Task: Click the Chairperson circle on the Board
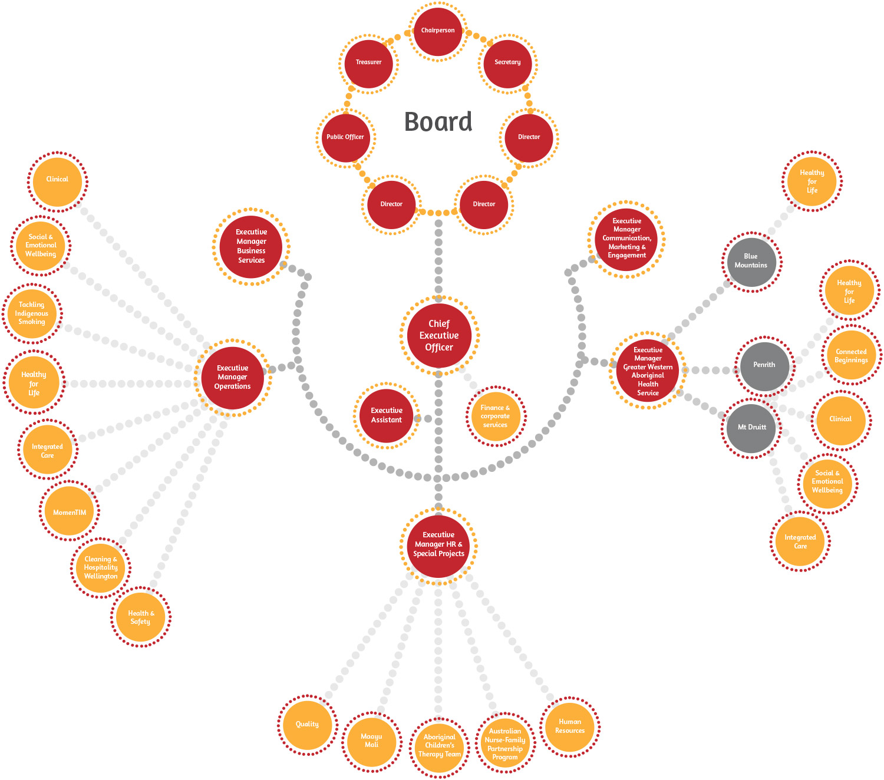(x=438, y=31)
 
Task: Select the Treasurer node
(x=368, y=62)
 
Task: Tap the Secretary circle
(x=507, y=62)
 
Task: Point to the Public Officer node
(x=345, y=137)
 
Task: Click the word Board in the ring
(x=438, y=122)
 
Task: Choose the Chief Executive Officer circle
(x=439, y=335)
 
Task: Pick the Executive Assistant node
(x=387, y=415)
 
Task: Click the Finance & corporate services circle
(x=495, y=416)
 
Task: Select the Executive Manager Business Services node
(x=251, y=246)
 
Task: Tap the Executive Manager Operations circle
(x=233, y=377)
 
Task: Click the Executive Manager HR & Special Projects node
(x=438, y=545)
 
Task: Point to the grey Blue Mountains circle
(x=751, y=261)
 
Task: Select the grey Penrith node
(x=764, y=365)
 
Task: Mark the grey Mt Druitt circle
(x=752, y=428)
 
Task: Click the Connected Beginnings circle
(x=851, y=356)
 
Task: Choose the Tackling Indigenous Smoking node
(x=32, y=313)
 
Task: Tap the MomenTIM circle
(x=70, y=512)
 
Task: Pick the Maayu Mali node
(x=371, y=741)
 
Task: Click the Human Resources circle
(x=570, y=726)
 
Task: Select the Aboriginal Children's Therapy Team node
(x=440, y=746)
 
